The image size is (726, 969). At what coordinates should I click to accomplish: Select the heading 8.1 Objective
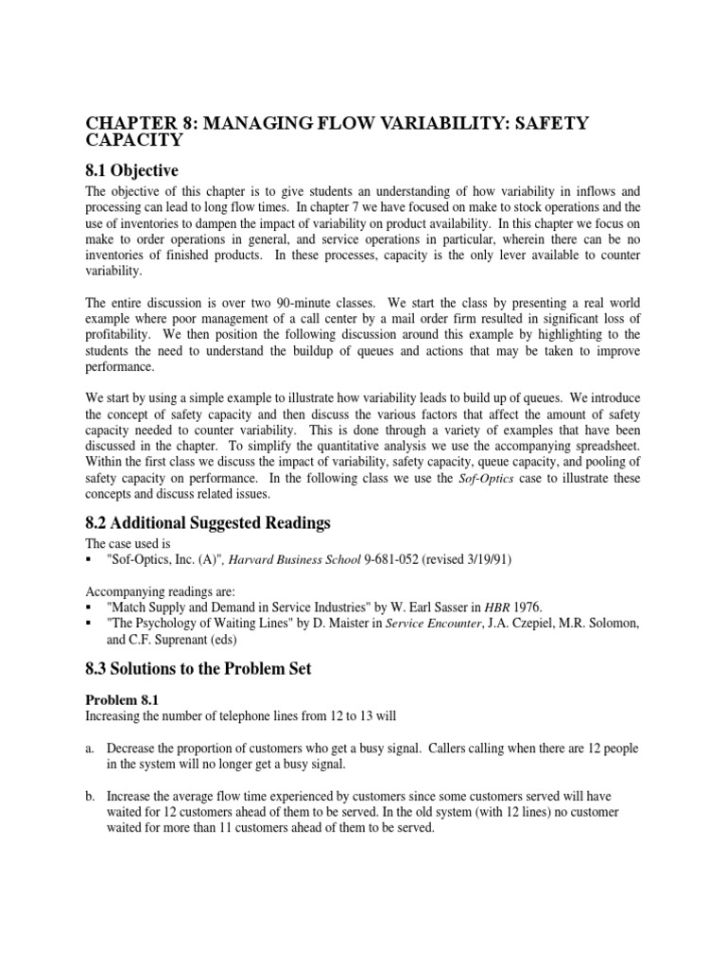(x=132, y=170)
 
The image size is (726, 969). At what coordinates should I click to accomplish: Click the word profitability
(x=118, y=335)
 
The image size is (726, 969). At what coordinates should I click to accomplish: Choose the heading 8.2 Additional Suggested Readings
(x=208, y=523)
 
